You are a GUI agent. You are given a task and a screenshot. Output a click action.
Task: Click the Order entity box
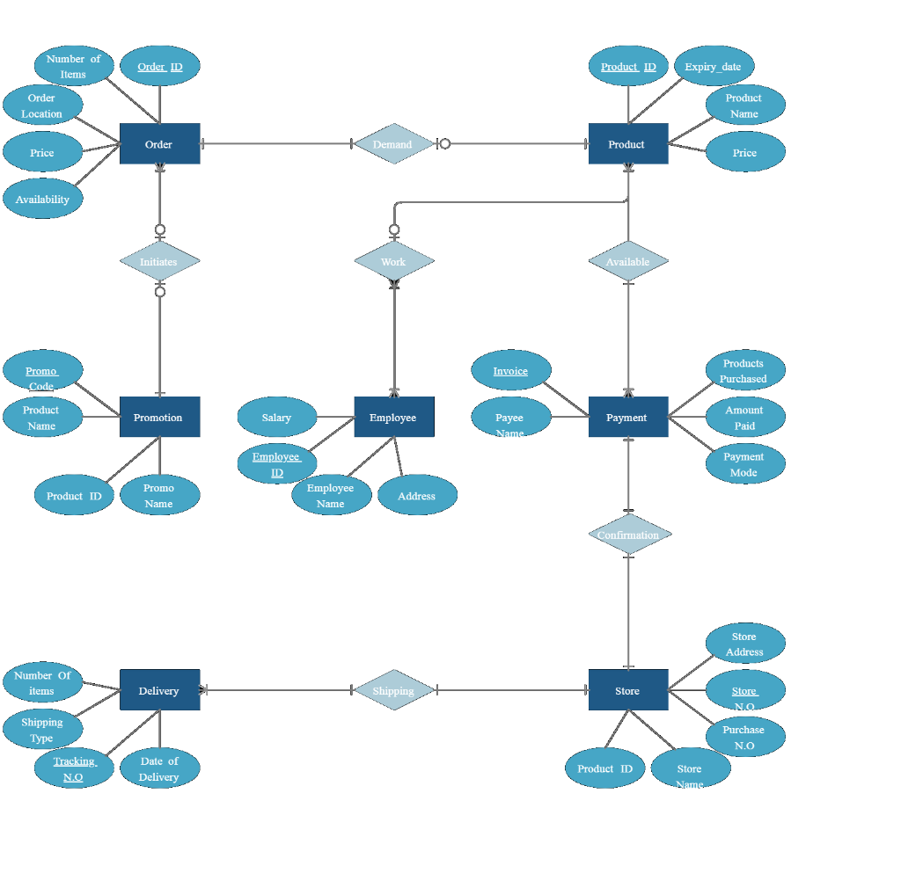(159, 143)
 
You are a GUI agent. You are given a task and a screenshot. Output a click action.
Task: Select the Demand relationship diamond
(393, 143)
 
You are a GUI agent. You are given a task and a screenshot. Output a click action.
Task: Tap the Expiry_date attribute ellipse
(714, 66)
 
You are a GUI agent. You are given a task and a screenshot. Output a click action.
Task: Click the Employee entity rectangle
(393, 417)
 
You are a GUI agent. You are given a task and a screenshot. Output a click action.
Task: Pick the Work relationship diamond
(393, 261)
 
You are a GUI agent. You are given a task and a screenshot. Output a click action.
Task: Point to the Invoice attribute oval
(510, 370)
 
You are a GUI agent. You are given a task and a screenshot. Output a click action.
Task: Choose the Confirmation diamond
(628, 535)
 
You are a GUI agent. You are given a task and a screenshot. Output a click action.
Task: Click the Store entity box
(627, 690)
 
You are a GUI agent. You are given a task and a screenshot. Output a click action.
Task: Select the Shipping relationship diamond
(393, 690)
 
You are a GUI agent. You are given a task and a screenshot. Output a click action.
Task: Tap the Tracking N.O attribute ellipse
(74, 768)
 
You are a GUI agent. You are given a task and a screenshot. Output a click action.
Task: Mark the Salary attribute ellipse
(276, 417)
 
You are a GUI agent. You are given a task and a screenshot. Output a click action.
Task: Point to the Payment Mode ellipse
(744, 463)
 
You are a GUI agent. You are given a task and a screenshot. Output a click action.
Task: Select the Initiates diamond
(159, 261)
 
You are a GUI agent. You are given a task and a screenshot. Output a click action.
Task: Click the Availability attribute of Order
(42, 199)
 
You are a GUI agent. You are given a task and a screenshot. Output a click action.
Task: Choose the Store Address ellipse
(744, 644)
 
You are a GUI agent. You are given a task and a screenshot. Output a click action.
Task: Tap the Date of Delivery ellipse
(159, 768)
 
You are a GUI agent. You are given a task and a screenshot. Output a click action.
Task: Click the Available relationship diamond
(628, 261)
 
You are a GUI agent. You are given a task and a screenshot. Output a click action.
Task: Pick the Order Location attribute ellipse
(42, 106)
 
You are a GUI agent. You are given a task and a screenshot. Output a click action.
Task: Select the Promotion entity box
(159, 417)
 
